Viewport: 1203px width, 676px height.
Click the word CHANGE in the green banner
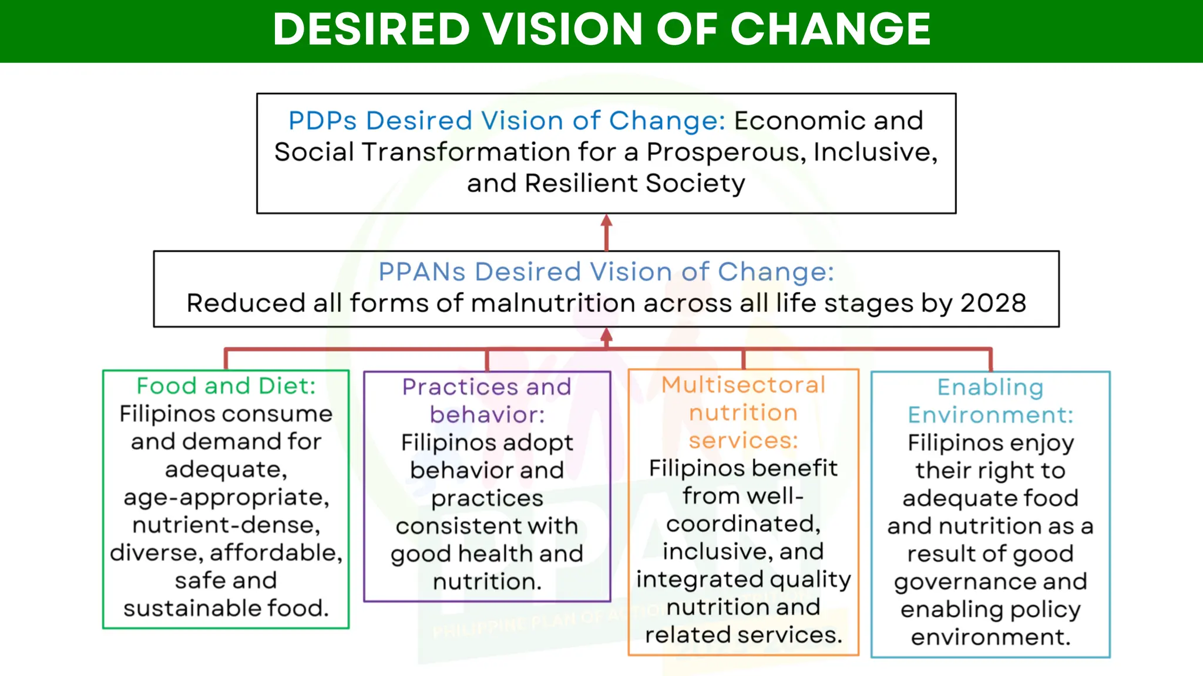pyautogui.click(x=830, y=29)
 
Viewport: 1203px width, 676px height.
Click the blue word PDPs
pyautogui.click(x=322, y=121)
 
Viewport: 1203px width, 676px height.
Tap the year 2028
pyautogui.click(x=993, y=303)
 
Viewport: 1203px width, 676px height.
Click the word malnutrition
pyautogui.click(x=552, y=303)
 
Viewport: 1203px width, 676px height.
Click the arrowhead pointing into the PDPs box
pyautogui.click(x=607, y=221)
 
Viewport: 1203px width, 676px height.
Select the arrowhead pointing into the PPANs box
pyautogui.click(x=607, y=334)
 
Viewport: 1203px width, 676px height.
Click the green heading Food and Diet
pyautogui.click(x=226, y=386)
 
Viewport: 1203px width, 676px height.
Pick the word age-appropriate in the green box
pyautogui.click(x=226, y=498)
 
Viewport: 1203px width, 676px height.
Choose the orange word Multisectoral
pyautogui.click(x=743, y=385)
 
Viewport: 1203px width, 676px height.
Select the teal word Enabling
pyautogui.click(x=990, y=387)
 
